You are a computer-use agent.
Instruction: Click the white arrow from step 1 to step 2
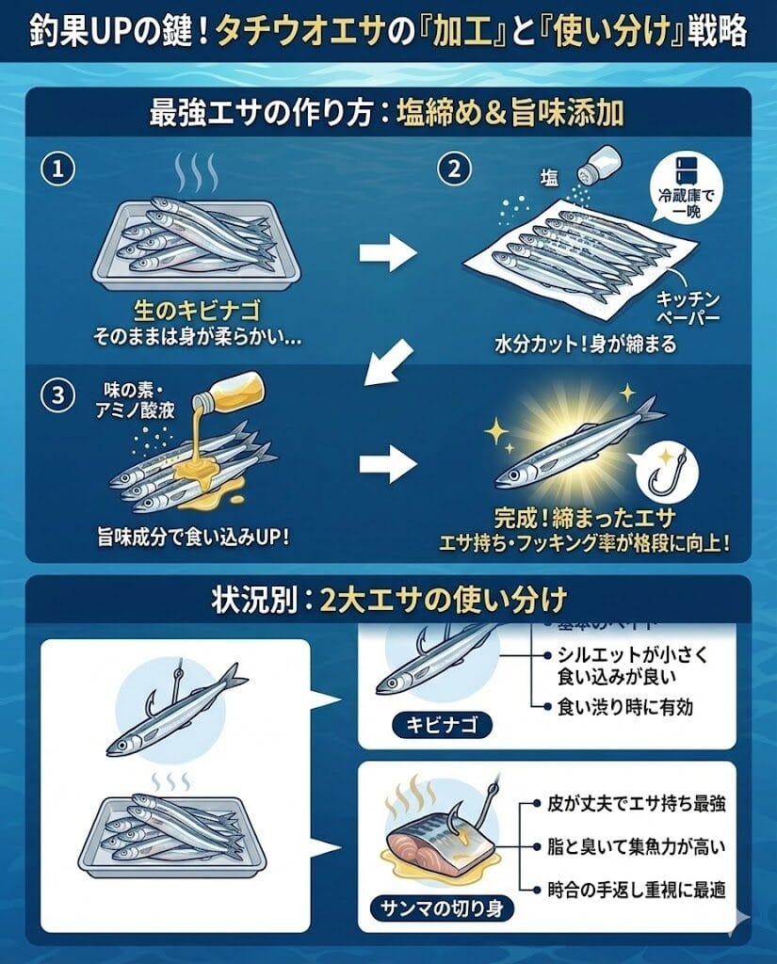pos(388,252)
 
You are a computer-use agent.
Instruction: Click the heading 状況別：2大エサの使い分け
pos(389,599)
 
